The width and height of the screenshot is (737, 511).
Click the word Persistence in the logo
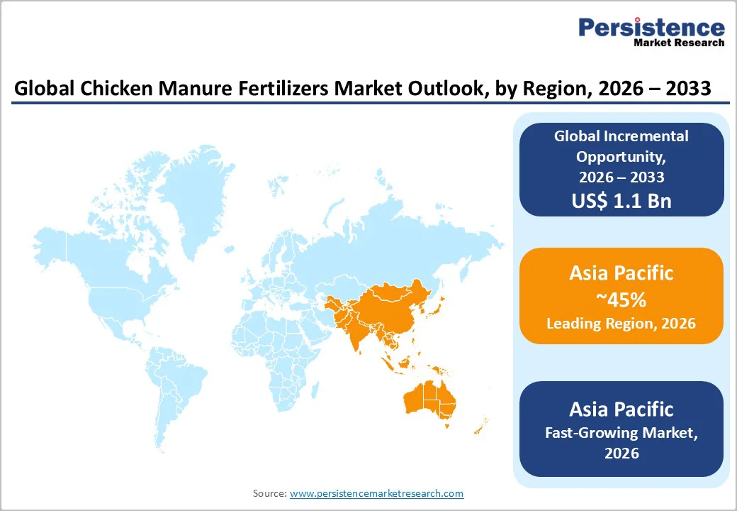click(x=651, y=28)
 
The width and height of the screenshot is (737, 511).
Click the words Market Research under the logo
click(x=679, y=43)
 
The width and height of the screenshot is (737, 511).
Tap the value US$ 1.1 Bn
click(x=621, y=201)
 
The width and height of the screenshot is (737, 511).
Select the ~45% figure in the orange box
click(x=621, y=300)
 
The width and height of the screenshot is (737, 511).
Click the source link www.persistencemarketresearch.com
click(x=376, y=493)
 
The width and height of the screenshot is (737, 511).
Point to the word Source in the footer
click(x=269, y=493)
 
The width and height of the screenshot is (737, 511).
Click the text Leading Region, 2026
click(x=621, y=324)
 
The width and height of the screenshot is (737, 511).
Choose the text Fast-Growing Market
click(x=621, y=432)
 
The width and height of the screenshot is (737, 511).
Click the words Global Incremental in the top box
click(x=621, y=136)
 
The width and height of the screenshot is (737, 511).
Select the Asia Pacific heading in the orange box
click(x=621, y=273)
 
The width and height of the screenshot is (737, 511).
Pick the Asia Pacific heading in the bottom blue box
click(x=621, y=409)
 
